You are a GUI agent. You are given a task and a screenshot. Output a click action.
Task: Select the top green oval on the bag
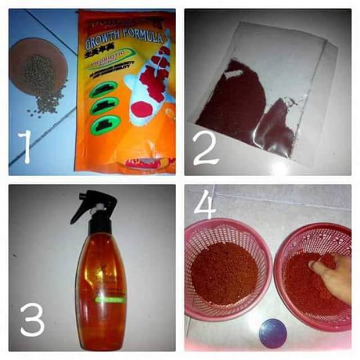pos(103,89)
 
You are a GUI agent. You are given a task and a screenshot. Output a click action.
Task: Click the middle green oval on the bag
pos(103,106)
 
